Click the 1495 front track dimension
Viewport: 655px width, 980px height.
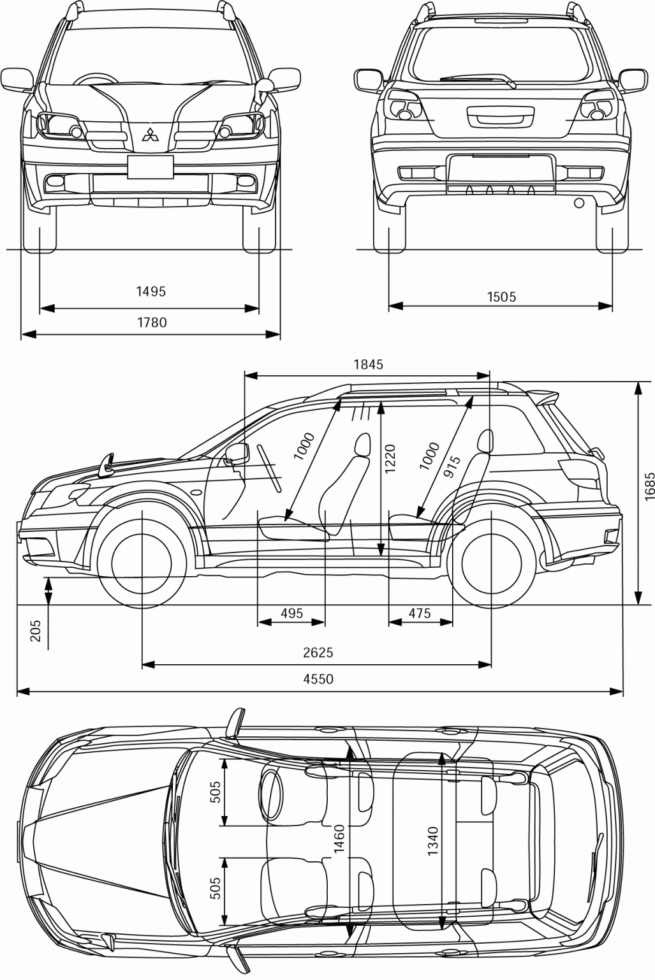151,292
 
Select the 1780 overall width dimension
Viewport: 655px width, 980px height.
152,322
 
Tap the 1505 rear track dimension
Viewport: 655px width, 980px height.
501,296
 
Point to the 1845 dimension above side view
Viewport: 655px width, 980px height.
368,364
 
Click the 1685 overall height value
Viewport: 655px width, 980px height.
649,489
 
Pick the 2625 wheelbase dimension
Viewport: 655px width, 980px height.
318,652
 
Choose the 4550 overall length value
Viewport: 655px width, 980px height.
318,679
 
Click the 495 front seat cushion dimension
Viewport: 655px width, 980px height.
291,614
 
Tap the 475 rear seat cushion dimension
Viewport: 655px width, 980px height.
420,614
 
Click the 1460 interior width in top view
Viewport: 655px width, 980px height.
339,841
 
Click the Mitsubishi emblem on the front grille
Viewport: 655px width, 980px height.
151,135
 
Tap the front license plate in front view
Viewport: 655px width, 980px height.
150,167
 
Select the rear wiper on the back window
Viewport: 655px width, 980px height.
478,80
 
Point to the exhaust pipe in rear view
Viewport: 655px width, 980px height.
579,203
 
